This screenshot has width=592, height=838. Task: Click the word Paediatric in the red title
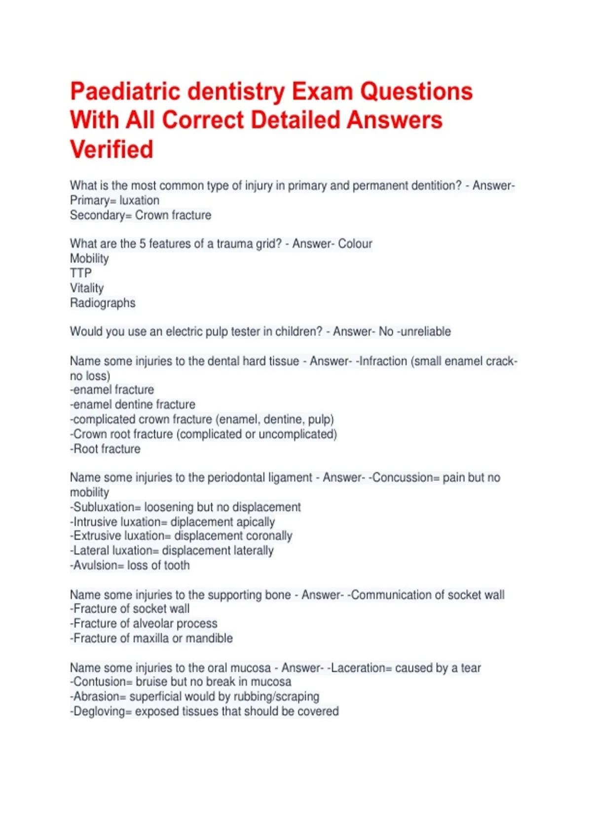tap(128, 92)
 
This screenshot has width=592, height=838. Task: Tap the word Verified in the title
tap(111, 149)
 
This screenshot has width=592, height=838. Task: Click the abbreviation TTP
tap(81, 273)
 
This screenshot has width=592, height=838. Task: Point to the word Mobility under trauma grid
tap(89, 258)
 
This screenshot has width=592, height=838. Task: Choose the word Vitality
tap(87, 288)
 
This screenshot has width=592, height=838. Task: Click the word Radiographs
tap(103, 303)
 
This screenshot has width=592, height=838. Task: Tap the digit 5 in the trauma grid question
tap(143, 244)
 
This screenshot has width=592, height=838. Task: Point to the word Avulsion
tap(96, 565)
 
